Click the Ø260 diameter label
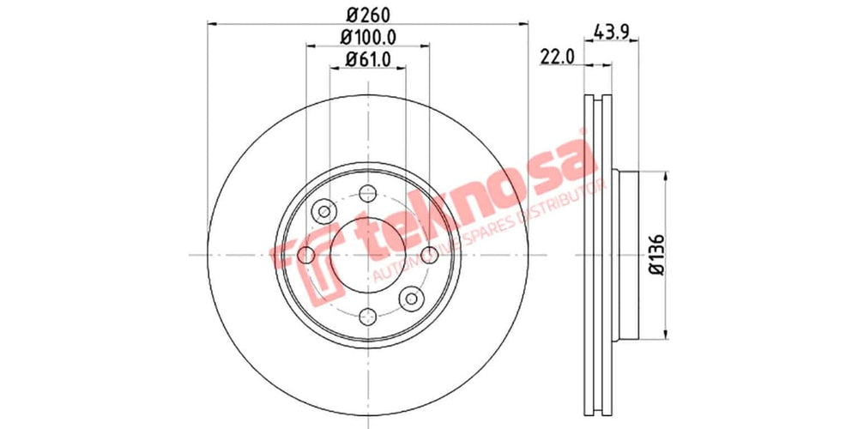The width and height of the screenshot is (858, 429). coord(367,14)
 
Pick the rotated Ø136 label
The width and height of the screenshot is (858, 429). coord(656,255)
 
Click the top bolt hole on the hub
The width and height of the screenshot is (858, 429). coord(368,192)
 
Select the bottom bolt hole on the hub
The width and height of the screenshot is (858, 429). coord(368,315)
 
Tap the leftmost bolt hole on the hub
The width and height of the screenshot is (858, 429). coord(307,254)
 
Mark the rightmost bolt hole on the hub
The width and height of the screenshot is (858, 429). coord(429,254)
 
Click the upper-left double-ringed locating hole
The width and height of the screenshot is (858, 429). coord(325,210)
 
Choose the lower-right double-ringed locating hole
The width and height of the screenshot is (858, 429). coord(412,298)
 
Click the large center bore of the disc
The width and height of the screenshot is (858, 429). coord(368,254)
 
